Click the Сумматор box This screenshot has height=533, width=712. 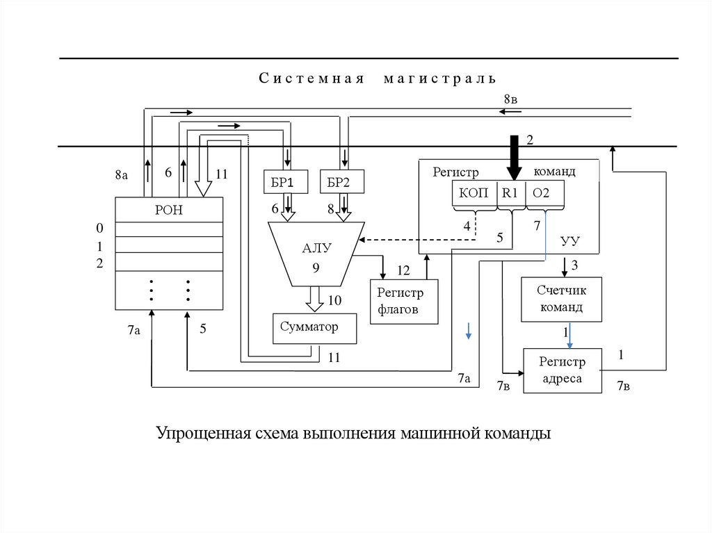[314, 327]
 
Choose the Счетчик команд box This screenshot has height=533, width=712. [562, 300]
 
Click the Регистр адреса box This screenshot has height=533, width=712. [563, 370]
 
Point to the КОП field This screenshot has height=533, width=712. [474, 194]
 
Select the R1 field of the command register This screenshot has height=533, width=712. [510, 194]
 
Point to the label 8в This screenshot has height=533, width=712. [511, 99]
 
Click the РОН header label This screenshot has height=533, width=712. [168, 209]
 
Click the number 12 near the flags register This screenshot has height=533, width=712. [403, 270]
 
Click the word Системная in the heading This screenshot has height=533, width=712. [312, 78]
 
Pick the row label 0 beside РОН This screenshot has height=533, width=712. [99, 229]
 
